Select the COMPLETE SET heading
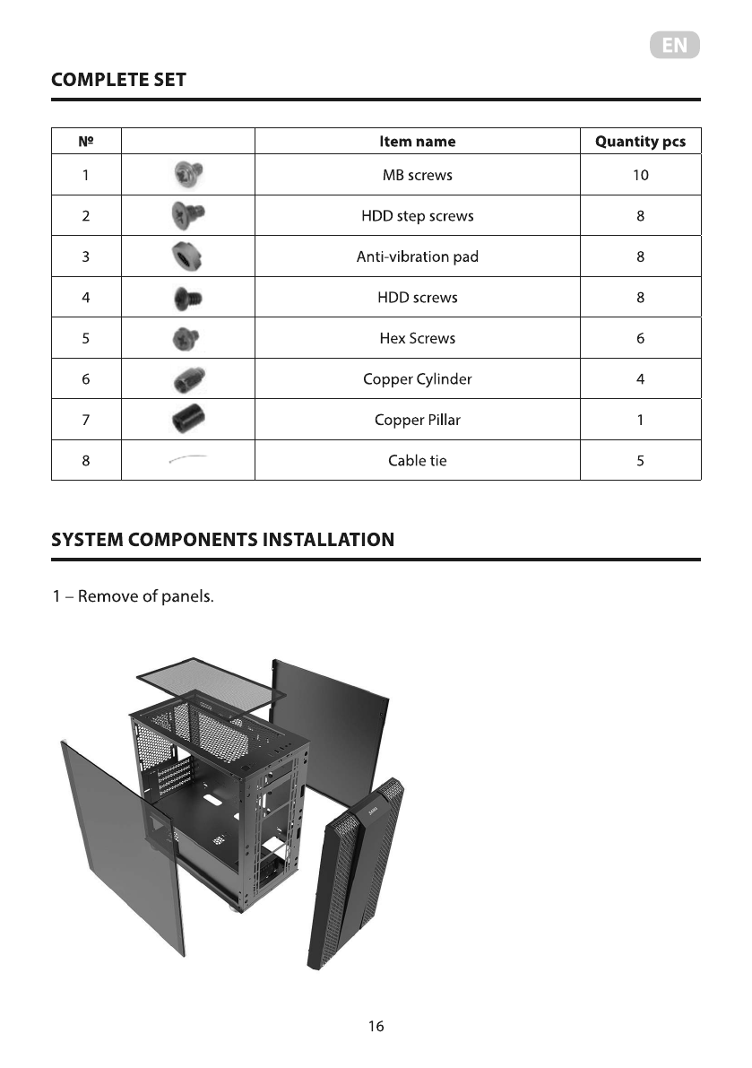coord(118,80)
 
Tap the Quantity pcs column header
coord(640,142)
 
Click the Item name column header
coord(417,142)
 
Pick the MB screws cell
coord(417,175)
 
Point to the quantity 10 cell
coord(640,175)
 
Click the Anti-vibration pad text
coord(417,257)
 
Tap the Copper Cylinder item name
coord(417,379)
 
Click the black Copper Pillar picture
coord(187,420)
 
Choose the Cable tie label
coord(417,461)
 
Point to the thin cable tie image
coord(187,460)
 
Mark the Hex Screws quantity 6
coord(640,339)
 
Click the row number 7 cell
coord(85,420)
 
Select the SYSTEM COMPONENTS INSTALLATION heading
coord(222,540)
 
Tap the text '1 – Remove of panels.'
coord(133,597)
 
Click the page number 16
coord(376,1027)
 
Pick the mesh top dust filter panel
coord(211,686)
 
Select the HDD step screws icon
coord(187,216)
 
